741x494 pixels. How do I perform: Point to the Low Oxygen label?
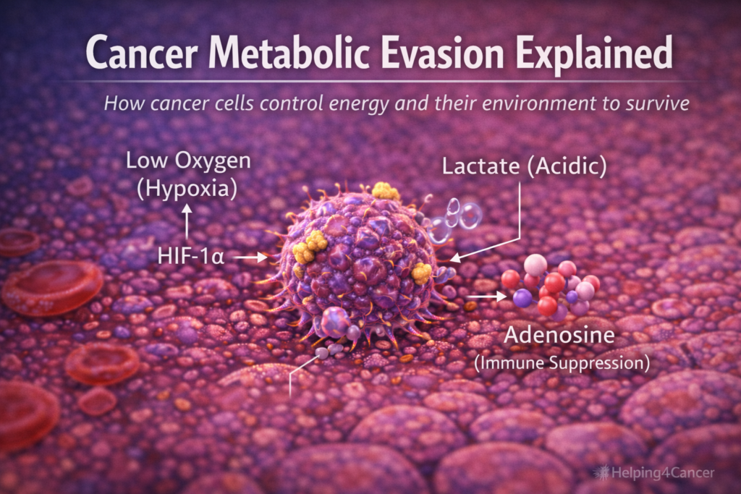pos(188,160)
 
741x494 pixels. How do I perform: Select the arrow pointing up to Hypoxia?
pos(188,221)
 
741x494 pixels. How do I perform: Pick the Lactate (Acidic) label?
pos(524,166)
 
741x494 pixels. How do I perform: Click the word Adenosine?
pos(560,336)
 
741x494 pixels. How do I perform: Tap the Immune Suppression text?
pos(562,361)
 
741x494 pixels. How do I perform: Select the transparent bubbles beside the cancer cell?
pos(454,217)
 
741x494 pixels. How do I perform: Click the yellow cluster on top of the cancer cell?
pos(386,191)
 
